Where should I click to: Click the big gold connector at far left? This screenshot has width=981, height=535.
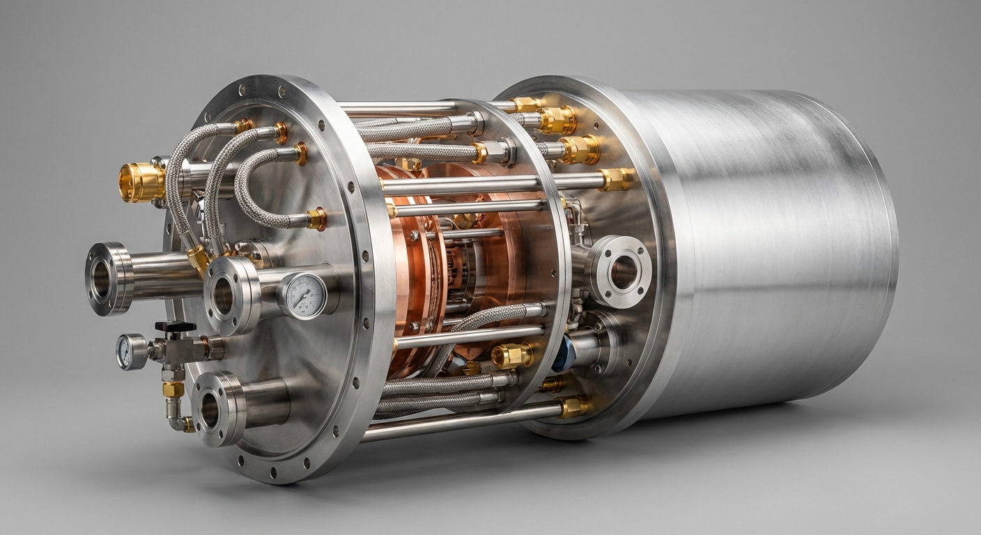(x=141, y=183)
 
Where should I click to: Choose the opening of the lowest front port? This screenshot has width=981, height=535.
(x=209, y=410)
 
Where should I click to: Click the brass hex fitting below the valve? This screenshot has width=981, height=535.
(x=173, y=389)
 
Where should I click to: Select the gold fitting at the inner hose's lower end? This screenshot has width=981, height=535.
(x=316, y=219)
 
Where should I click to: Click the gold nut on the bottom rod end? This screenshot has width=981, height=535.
(x=573, y=408)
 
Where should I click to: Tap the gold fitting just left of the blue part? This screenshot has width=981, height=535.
(x=512, y=355)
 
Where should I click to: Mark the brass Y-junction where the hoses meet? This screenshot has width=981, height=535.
(x=199, y=258)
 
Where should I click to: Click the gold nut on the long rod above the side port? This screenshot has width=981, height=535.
(x=616, y=180)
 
